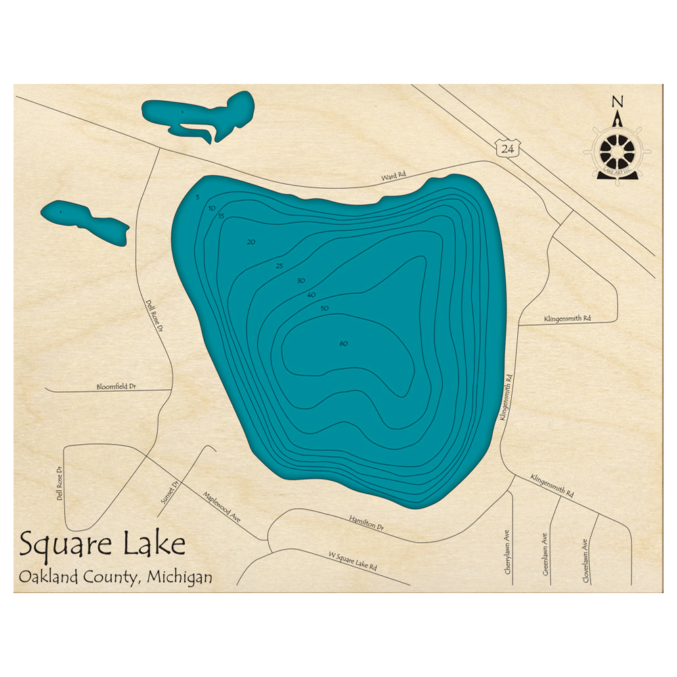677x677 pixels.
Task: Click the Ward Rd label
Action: pyautogui.click(x=393, y=176)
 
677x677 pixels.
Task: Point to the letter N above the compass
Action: pyautogui.click(x=617, y=102)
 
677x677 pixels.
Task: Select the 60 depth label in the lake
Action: pyautogui.click(x=343, y=344)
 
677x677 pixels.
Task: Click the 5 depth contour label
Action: pyautogui.click(x=198, y=197)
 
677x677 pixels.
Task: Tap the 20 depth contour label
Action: pyautogui.click(x=251, y=242)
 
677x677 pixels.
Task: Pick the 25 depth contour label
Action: pyautogui.click(x=280, y=265)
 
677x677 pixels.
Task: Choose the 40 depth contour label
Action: pyautogui.click(x=311, y=294)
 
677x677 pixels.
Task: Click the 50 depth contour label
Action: pyautogui.click(x=324, y=309)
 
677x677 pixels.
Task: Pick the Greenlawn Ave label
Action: pyautogui.click(x=544, y=554)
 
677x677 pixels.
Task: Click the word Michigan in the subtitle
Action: pyautogui.click(x=177, y=577)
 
